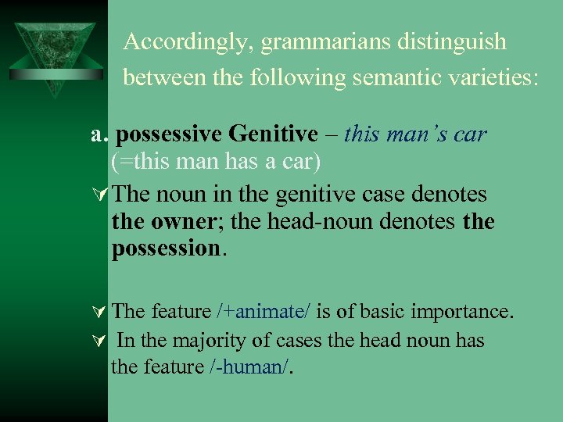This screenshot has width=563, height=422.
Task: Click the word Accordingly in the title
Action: tap(185, 42)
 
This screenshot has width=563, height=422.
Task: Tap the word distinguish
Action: tap(461, 42)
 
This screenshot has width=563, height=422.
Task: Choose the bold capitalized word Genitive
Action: tap(274, 134)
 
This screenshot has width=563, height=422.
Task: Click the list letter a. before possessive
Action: tap(99, 135)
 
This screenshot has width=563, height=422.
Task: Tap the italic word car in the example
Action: tap(468, 134)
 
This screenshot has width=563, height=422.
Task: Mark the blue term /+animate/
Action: tap(264, 312)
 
